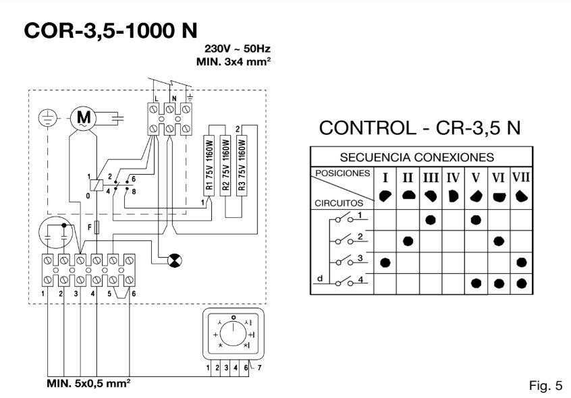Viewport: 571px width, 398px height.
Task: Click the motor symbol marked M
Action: coord(86,118)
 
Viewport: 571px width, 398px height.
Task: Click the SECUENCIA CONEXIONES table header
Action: coord(417,157)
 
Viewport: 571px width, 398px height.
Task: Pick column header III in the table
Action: coord(430,178)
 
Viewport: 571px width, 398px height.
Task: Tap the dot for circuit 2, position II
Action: coord(408,241)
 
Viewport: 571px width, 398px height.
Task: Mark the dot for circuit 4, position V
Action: coord(476,283)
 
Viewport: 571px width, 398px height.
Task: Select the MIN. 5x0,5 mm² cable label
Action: coord(88,383)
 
